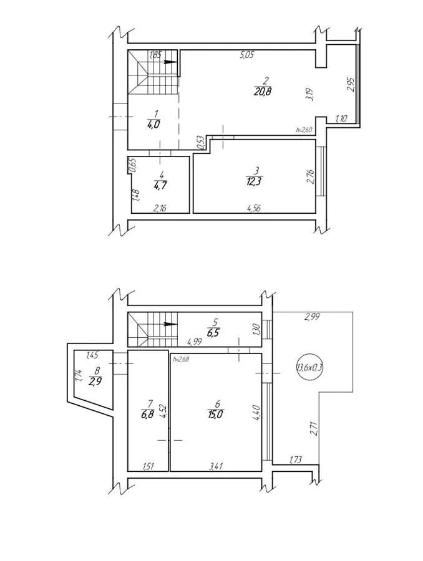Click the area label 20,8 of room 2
tap(263, 91)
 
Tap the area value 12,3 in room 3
tap(254, 181)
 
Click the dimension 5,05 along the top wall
tap(247, 55)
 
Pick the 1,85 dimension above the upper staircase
tap(155, 55)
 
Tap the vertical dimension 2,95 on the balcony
tap(351, 85)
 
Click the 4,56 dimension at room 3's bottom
tap(253, 208)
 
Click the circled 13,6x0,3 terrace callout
tap(310, 367)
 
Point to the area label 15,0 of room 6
tap(215, 415)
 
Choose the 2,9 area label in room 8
tap(95, 381)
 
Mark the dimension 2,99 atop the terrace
tap(311, 316)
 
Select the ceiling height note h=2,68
tap(181, 359)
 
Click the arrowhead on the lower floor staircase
tap(171, 324)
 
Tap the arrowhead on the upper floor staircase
tap(171, 62)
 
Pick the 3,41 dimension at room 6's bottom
tap(216, 466)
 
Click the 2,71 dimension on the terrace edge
tap(314, 429)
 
